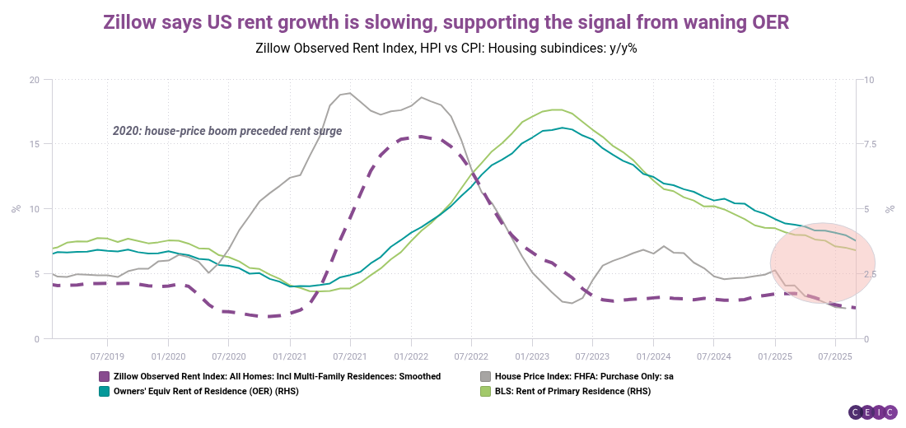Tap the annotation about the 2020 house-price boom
[226, 131]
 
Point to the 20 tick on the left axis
[34, 80]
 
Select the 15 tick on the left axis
[34, 144]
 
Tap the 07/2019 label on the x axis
[107, 356]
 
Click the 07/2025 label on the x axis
[834, 356]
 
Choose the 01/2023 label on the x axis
[531, 356]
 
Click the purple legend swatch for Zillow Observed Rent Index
[104, 376]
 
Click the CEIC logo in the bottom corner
[872, 412]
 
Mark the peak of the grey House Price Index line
[350, 93]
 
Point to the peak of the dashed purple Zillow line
[419, 137]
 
